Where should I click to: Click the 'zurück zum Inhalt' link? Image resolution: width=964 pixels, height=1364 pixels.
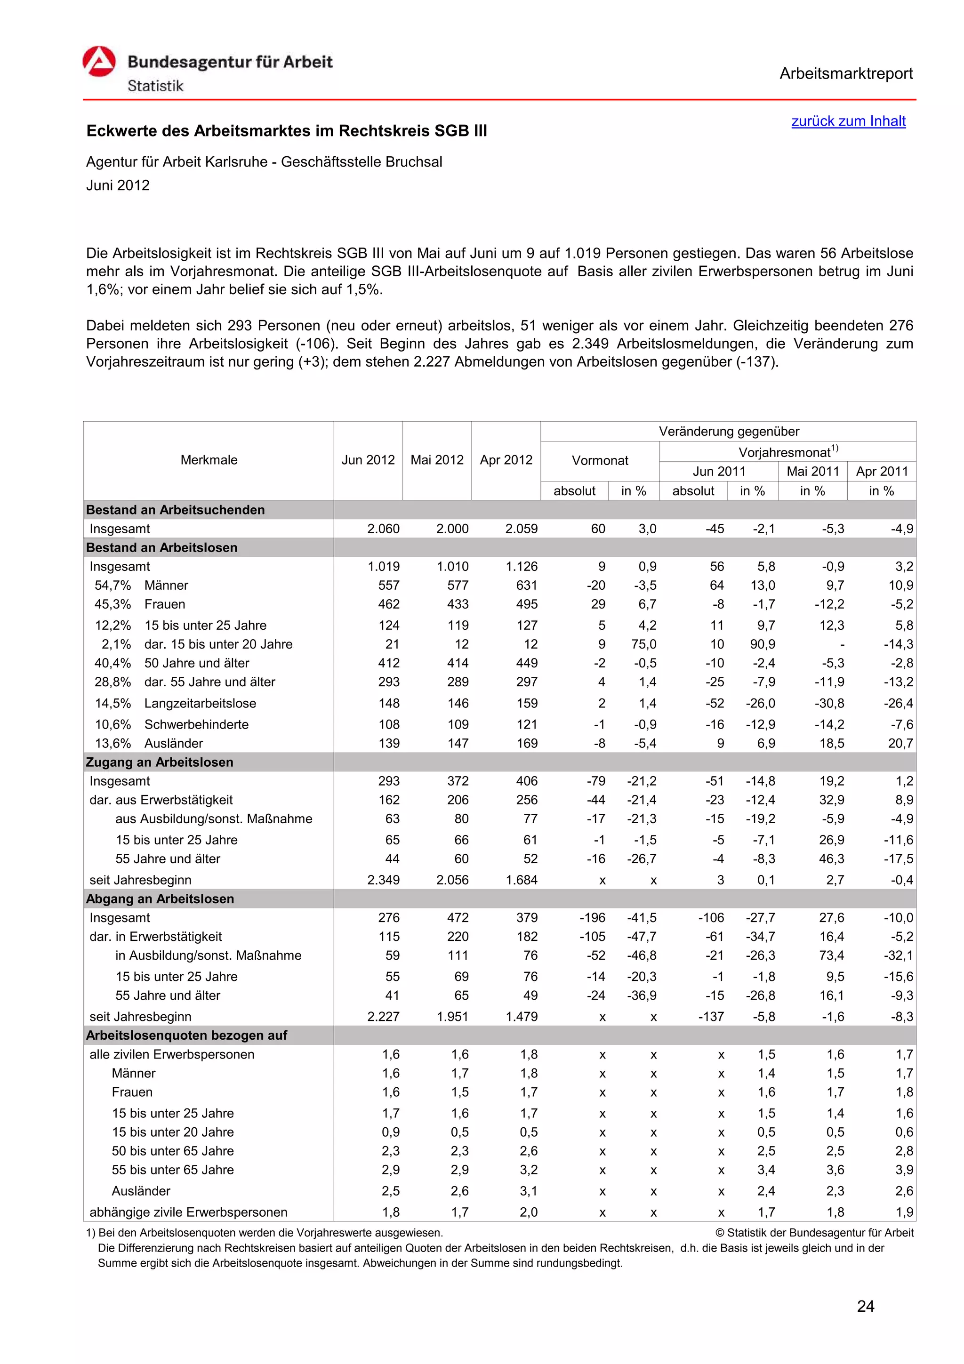pos(848,121)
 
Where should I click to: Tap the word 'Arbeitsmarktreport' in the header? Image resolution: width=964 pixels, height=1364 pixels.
pos(846,74)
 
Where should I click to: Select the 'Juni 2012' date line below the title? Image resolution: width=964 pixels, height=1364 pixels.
pos(118,185)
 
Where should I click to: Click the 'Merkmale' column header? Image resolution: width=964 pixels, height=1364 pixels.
pos(209,460)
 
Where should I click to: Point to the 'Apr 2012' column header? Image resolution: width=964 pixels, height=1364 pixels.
pos(506,460)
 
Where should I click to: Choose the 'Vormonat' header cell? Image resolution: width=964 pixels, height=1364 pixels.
pos(599,460)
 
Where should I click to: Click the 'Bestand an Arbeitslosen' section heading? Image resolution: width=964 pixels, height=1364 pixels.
pos(161,548)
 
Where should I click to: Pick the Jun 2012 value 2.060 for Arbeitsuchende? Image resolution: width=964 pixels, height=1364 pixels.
pos(383,529)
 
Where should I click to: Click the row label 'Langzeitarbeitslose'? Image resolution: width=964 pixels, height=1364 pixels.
pos(200,703)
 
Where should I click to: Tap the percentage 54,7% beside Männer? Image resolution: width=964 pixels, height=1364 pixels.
pos(113,585)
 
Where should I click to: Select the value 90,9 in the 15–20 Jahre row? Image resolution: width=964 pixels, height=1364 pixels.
pos(762,644)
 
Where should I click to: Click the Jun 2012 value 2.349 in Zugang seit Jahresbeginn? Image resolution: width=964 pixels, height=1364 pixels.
pos(383,880)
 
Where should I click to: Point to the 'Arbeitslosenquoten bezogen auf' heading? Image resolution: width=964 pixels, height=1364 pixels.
pos(186,1035)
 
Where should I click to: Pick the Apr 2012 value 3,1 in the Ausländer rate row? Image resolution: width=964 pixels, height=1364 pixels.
pos(528,1191)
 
